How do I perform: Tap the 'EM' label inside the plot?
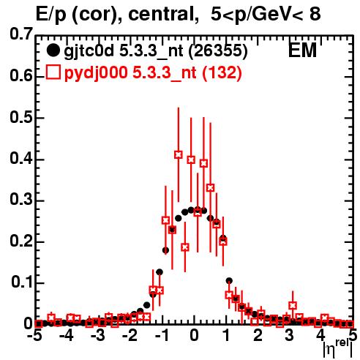(302, 50)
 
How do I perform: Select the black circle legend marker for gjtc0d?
(53, 50)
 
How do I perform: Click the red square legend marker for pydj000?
(53, 72)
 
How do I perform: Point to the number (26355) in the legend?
(218, 50)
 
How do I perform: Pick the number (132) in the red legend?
(222, 72)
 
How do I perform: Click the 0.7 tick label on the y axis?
(21, 34)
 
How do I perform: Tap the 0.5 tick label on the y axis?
(21, 117)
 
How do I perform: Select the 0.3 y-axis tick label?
(21, 200)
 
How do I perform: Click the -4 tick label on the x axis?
(67, 336)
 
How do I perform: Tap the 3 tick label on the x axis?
(289, 336)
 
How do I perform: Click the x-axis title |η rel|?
(338, 350)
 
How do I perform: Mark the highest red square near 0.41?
(179, 154)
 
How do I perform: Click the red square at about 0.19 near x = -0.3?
(185, 247)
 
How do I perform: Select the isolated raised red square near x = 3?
(293, 305)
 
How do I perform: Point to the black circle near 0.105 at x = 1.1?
(229, 281)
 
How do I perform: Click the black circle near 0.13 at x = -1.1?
(160, 272)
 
